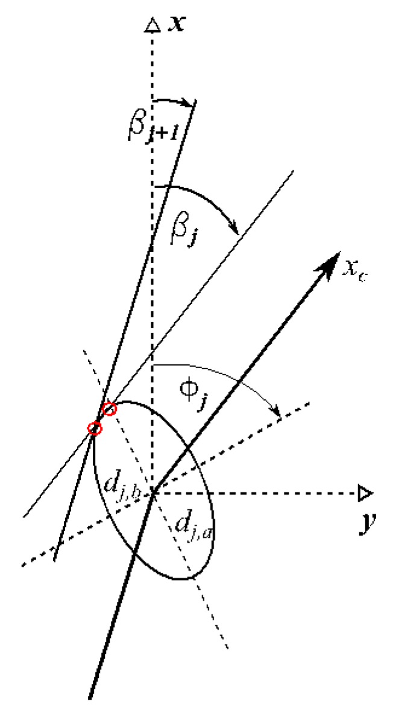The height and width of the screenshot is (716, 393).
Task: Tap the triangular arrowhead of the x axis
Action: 152,25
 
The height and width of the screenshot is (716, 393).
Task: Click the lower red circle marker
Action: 95,428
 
